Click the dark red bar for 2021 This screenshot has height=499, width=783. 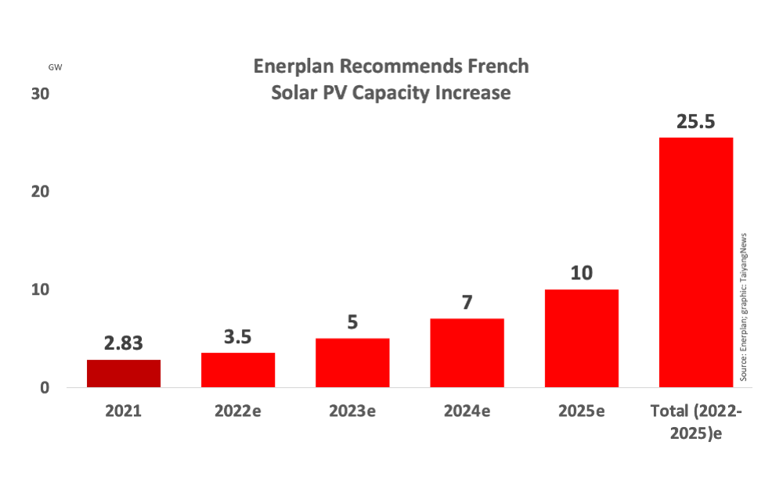123,373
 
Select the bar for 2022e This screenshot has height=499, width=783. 238,370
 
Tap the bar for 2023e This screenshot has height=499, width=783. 352,363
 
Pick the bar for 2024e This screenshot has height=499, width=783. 467,353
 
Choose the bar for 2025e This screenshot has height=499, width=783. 582,338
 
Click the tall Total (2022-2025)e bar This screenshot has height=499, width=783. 696,262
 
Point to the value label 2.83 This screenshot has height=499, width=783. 123,343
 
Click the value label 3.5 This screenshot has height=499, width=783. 238,337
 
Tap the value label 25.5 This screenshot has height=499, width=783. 696,122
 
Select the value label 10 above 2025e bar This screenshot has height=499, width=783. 582,274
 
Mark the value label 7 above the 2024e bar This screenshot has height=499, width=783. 467,303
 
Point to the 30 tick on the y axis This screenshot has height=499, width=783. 41,93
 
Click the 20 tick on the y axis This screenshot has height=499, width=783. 41,192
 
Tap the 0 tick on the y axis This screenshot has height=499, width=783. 45,388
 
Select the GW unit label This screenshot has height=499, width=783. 55,67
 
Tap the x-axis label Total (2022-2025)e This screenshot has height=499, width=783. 696,421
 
